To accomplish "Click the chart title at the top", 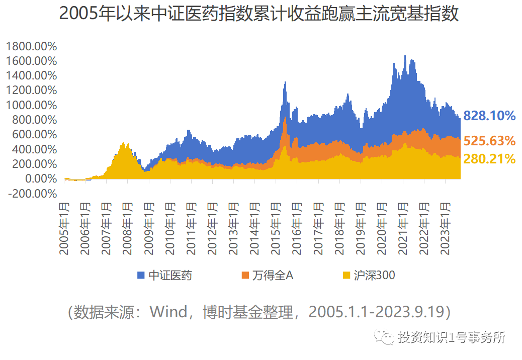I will pyautogui.click(x=259, y=14).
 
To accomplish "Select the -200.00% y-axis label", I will pyautogui.click(x=32, y=194).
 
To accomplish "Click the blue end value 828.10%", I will pyautogui.click(x=489, y=116).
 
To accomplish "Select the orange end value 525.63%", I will pyautogui.click(x=489, y=141).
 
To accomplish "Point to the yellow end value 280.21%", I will pyautogui.click(x=489, y=159).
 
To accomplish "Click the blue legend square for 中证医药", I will pyautogui.click(x=141, y=276).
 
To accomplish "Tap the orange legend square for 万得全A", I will pyautogui.click(x=245, y=276).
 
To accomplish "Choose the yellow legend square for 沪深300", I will pyautogui.click(x=346, y=276).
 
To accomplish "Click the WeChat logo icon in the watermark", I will pyautogui.click(x=386, y=337).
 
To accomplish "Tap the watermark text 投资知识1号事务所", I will pyautogui.click(x=451, y=337).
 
